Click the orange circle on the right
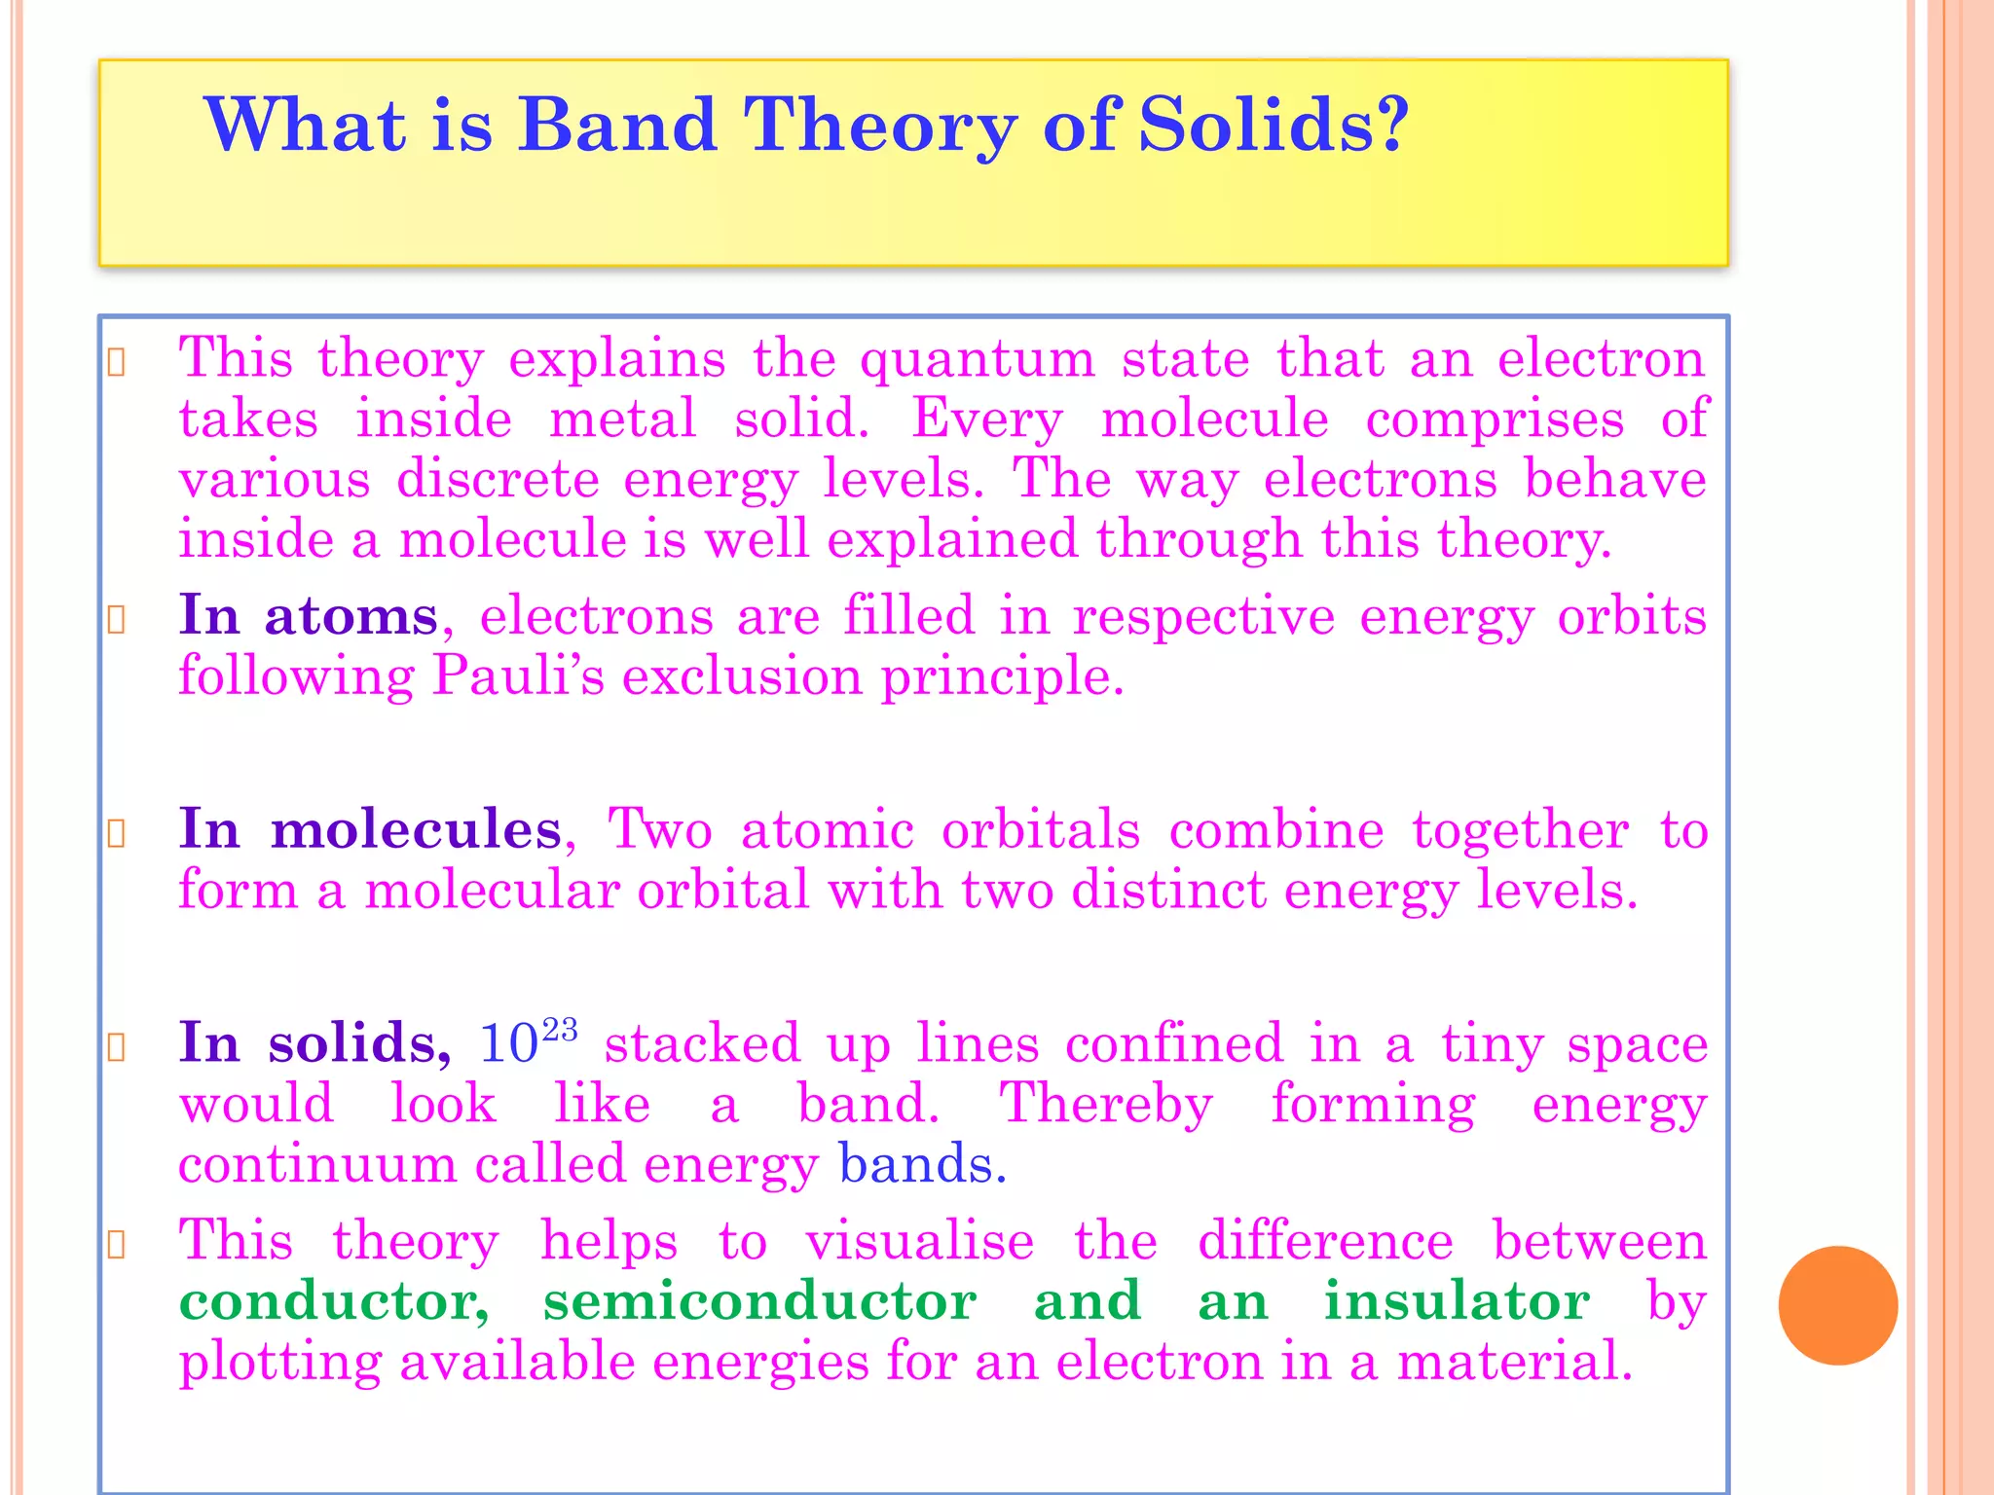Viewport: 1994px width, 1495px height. (1837, 1305)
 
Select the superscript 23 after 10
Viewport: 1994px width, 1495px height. (560, 1030)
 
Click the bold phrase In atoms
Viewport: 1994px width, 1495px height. (308, 616)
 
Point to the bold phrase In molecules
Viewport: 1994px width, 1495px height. (370, 830)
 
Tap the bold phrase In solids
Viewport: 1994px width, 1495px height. (314, 1043)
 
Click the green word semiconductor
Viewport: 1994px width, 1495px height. (759, 1301)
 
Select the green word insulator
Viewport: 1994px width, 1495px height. (1457, 1301)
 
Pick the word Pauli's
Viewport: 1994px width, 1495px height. (518, 675)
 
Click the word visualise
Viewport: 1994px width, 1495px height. (919, 1242)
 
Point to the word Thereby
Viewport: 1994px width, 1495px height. (1106, 1105)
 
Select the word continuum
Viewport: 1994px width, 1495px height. (317, 1164)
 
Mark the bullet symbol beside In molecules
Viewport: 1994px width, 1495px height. (116, 834)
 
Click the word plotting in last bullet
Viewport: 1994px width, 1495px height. (280, 1362)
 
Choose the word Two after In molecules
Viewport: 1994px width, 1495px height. (660, 830)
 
